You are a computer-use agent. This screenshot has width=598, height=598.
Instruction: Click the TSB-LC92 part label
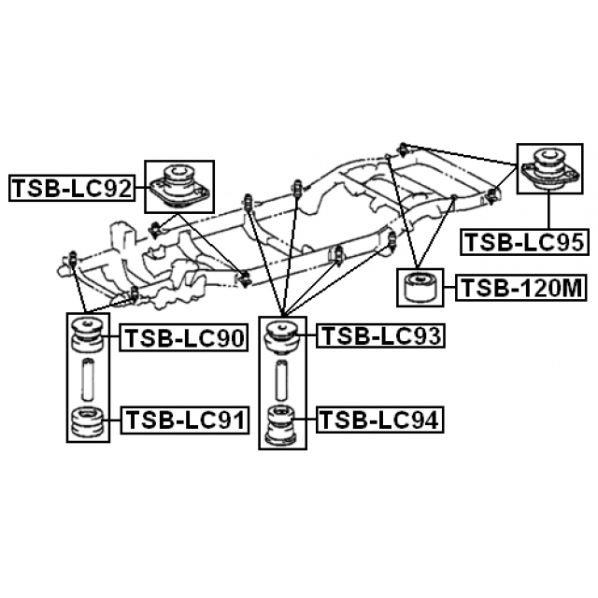72,188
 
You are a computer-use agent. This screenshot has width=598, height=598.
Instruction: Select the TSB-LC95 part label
524,242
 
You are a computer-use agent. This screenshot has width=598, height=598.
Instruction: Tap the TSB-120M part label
521,288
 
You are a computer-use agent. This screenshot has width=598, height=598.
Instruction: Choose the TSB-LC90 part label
184,338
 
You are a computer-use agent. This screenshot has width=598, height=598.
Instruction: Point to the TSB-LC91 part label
185,420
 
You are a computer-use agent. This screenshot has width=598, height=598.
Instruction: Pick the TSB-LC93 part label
380,335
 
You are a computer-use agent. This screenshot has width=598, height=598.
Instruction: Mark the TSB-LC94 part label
380,420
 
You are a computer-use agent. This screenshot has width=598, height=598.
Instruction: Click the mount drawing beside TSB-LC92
179,186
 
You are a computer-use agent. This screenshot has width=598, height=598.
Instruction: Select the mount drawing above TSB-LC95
549,168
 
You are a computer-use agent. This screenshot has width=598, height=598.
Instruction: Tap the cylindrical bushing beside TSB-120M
420,288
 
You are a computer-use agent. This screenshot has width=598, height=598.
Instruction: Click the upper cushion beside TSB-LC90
88,335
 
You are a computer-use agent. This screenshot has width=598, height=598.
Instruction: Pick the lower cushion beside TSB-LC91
88,422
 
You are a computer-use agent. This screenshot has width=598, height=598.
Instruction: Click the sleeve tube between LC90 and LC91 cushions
88,379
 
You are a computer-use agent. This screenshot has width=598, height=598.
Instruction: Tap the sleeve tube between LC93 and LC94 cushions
282,380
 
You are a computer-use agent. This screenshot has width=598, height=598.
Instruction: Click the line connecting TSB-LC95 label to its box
548,211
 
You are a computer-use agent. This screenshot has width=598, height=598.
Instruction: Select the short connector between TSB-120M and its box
449,288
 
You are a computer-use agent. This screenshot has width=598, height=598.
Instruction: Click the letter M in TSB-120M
570,288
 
